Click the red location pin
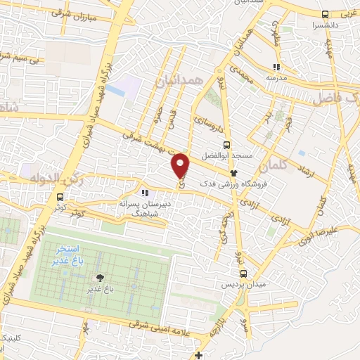click(181, 166)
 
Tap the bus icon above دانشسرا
click(325, 14)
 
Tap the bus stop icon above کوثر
click(60, 198)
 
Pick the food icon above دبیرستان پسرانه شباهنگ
click(144, 192)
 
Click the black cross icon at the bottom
click(200, 354)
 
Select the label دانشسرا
click(324, 25)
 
